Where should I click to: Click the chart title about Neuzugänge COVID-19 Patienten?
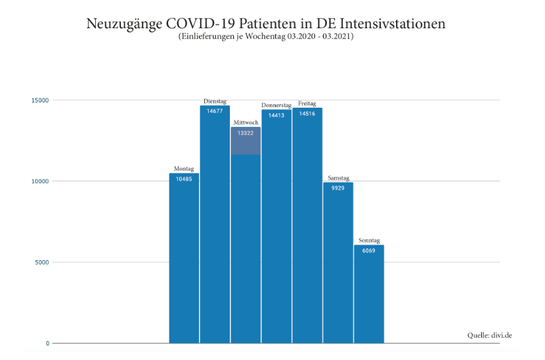click(x=266, y=24)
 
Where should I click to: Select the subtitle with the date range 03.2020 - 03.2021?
click(x=266, y=37)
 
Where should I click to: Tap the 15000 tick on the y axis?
click(x=41, y=101)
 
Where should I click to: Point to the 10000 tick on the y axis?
click(x=41, y=181)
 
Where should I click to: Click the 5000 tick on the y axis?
click(x=43, y=262)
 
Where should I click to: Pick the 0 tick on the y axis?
click(x=47, y=343)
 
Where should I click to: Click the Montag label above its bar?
click(x=184, y=169)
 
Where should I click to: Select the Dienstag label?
click(x=215, y=101)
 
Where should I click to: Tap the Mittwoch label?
click(x=246, y=123)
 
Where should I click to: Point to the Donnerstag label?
click(x=276, y=105)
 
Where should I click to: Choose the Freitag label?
click(x=307, y=104)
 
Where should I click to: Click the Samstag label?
click(x=338, y=178)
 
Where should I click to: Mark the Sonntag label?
click(x=369, y=240)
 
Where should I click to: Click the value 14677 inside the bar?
click(x=215, y=111)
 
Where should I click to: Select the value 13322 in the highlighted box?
click(x=246, y=133)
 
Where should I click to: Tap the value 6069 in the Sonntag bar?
click(x=369, y=251)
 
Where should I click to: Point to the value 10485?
click(x=184, y=179)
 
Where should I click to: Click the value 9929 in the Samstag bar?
click(x=338, y=188)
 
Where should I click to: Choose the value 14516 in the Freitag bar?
click(x=307, y=114)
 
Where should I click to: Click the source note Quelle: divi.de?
click(x=489, y=335)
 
